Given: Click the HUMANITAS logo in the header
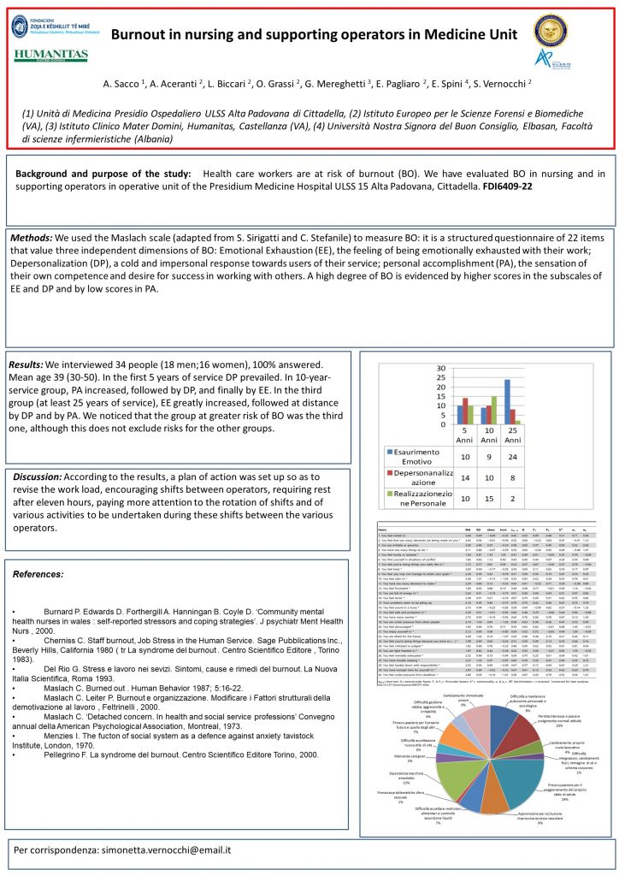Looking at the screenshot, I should (50, 56).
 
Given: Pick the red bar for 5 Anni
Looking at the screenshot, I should (465, 411).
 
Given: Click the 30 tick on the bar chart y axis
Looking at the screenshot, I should (441, 370).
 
